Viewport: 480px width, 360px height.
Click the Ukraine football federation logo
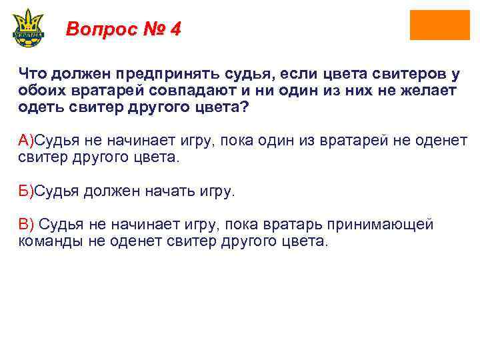point(27,27)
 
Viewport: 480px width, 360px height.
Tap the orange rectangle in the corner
point(439,25)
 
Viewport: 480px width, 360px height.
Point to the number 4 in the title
point(175,29)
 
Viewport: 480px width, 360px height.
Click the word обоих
point(40,91)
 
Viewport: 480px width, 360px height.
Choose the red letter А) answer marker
point(25,140)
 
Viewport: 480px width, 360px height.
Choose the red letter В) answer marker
point(25,225)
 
